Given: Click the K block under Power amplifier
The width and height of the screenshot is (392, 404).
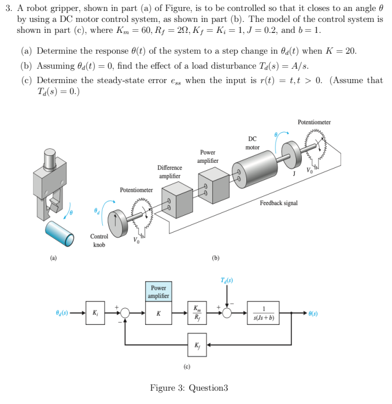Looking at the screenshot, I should [158, 313].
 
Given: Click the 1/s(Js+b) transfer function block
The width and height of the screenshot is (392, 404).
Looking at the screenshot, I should [263, 313].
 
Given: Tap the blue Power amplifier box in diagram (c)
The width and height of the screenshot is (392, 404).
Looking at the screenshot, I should [158, 291].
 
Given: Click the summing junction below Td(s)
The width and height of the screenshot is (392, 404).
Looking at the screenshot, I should [227, 313].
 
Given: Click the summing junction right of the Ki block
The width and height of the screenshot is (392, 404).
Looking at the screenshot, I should [124, 313].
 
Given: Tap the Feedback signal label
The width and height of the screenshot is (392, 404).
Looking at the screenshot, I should [279, 203].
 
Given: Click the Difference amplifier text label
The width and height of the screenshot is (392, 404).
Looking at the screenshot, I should [169, 171].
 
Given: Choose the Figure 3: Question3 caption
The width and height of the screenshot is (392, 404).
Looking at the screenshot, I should [189, 387].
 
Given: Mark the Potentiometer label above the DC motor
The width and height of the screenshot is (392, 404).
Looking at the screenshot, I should [314, 122].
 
